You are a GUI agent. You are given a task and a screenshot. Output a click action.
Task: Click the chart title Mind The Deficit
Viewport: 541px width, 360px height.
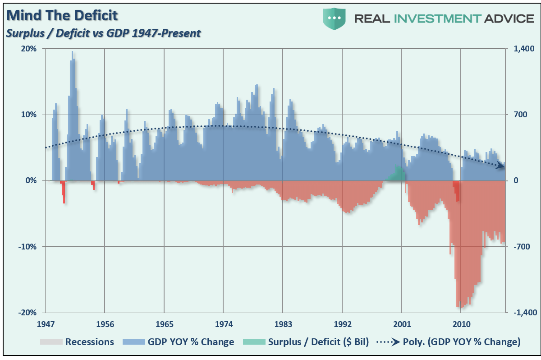[62, 16]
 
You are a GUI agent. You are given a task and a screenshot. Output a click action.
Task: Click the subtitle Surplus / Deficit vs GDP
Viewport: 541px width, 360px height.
[103, 33]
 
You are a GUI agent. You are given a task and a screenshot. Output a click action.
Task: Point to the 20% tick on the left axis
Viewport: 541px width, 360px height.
[29, 48]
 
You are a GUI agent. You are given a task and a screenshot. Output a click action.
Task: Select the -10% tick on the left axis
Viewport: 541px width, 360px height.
[28, 247]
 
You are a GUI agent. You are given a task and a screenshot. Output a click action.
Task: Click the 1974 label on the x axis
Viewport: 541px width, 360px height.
[223, 324]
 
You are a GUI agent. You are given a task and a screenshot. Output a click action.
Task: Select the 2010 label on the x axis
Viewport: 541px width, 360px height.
[461, 324]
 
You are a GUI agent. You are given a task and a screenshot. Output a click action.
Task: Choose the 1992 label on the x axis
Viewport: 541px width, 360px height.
[342, 324]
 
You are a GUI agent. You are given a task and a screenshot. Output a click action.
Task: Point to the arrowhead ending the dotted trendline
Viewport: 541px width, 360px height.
[500, 166]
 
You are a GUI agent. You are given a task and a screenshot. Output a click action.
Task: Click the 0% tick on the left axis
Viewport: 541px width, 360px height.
[31, 180]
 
